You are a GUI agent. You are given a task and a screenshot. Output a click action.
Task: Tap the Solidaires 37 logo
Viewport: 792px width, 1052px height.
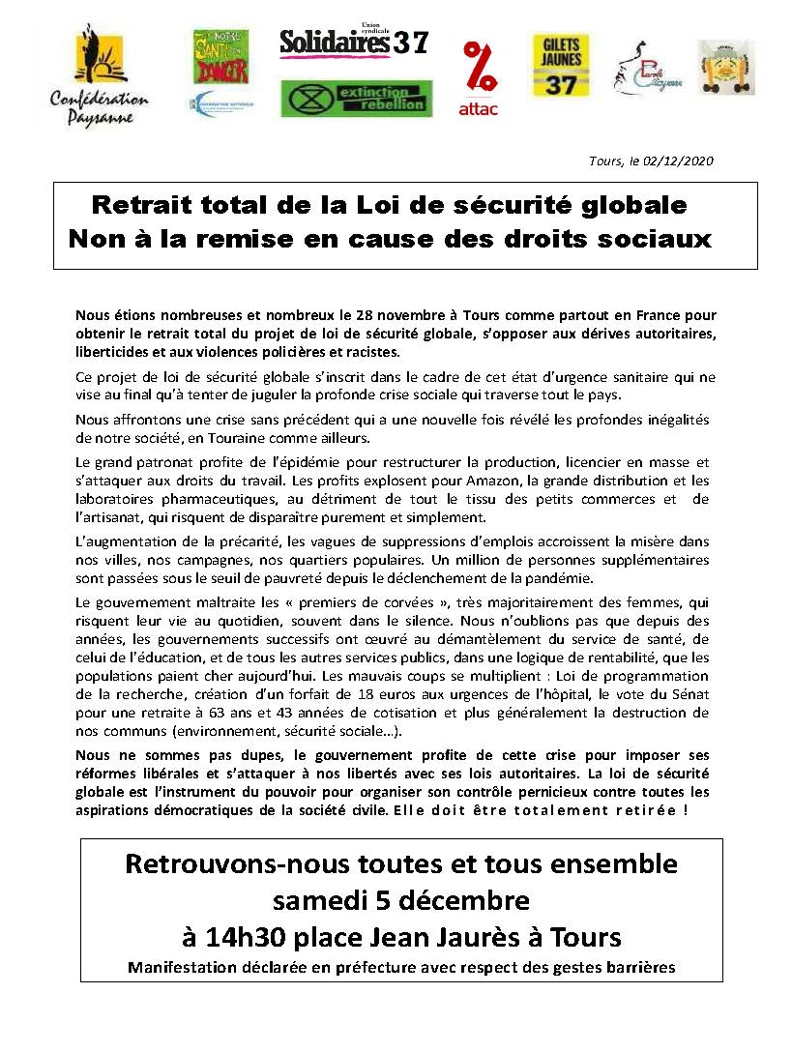[x=353, y=42]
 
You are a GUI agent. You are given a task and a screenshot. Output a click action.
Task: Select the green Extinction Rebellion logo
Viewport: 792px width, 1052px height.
[x=356, y=98]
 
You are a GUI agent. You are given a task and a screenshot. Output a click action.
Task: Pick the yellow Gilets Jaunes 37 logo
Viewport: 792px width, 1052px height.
[x=561, y=66]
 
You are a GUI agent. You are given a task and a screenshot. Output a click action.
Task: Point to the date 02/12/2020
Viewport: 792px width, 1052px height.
[x=678, y=161]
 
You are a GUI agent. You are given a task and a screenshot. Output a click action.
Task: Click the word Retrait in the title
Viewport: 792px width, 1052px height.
[x=144, y=205]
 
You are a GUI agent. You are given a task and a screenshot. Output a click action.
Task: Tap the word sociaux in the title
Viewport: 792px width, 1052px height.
[x=660, y=238]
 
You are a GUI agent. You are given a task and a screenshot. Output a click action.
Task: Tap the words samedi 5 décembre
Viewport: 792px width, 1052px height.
[x=400, y=900]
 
